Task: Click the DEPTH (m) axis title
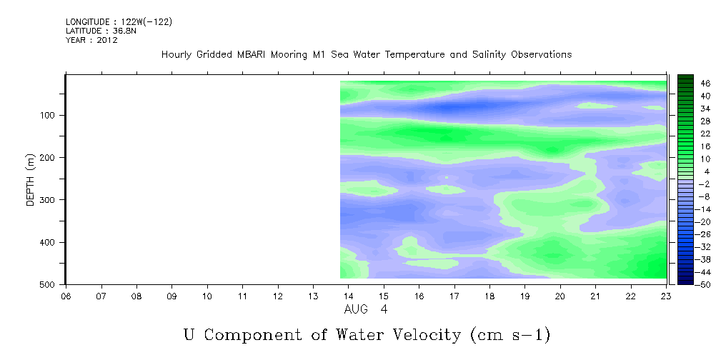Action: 30,180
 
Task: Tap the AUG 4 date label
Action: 366,309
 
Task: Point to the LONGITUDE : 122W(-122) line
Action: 119,22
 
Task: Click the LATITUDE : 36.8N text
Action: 101,31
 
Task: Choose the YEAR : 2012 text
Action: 91,40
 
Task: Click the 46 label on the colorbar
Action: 705,84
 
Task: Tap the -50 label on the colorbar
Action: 704,284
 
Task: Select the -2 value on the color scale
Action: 704,184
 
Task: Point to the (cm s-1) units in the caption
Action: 510,335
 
